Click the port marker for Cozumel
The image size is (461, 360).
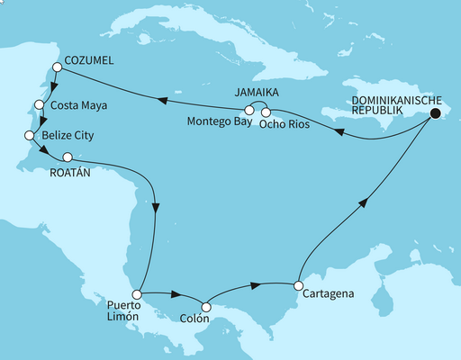[x=57, y=67]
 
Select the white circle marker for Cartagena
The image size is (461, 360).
[x=297, y=286]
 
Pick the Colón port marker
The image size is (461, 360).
[x=206, y=309]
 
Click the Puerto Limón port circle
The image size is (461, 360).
[x=136, y=294]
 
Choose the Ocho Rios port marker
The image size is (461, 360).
[x=267, y=112]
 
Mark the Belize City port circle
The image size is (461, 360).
[x=28, y=135]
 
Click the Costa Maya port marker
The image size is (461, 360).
[x=39, y=104]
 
